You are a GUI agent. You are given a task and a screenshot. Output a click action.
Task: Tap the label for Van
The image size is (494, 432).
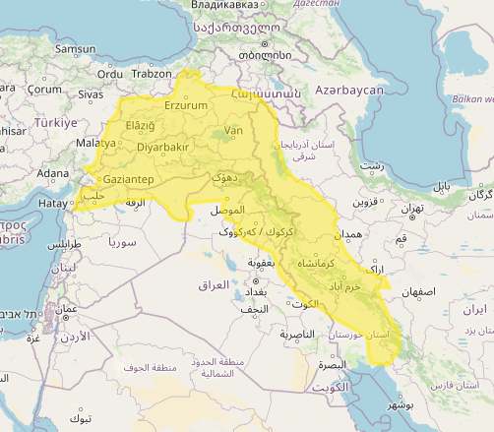coord(233,130)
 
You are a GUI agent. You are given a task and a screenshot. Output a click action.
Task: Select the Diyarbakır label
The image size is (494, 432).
coord(161,148)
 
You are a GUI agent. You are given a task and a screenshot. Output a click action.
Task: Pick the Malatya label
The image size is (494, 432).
coord(96,143)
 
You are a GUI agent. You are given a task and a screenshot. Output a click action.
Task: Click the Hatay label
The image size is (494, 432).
coord(52,203)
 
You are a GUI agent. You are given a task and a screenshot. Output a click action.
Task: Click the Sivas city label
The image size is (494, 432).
coord(91,93)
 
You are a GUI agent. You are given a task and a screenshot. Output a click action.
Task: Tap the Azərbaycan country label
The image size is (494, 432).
coord(348,90)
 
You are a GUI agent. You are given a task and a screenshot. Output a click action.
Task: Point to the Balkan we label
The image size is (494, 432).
coord(472,99)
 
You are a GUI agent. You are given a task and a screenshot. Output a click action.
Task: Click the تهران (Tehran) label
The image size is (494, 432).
coord(411,209)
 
